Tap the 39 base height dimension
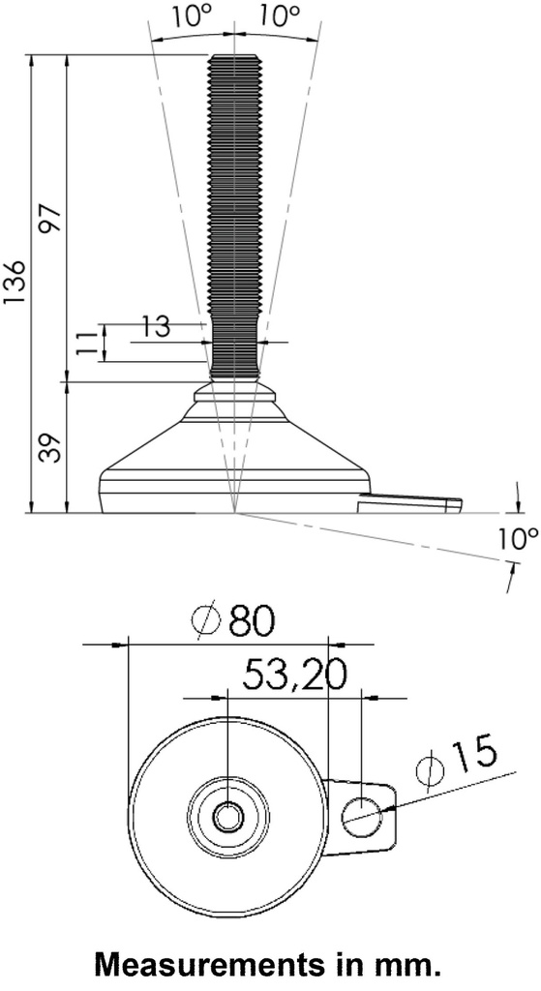[x=50, y=447]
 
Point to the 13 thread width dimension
[x=155, y=327]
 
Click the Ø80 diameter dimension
[x=234, y=620]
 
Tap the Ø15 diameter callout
[x=455, y=760]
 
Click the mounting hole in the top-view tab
[x=363, y=817]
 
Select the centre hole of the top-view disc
[x=228, y=817]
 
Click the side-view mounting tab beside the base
[x=410, y=501]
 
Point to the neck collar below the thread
[x=233, y=392]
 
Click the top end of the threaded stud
[x=233, y=58]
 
